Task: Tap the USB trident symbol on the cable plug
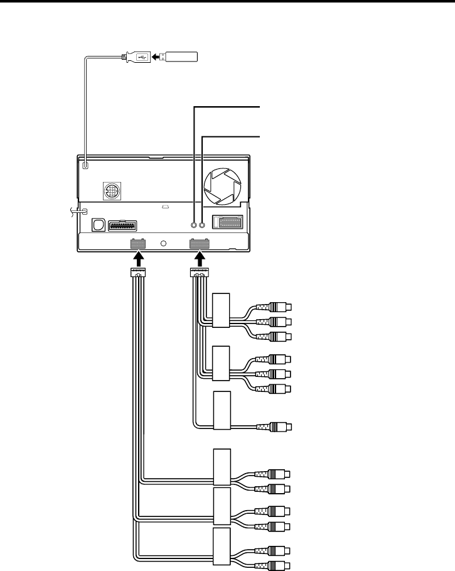pyautogui.click(x=139, y=57)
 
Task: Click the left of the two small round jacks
pyautogui.click(x=195, y=224)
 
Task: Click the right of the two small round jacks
pyautogui.click(x=203, y=224)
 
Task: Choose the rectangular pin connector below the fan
pyautogui.click(x=228, y=222)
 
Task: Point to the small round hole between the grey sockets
pyautogui.click(x=164, y=243)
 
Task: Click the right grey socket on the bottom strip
pyautogui.click(x=200, y=243)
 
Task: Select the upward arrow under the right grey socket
pyautogui.click(x=200, y=258)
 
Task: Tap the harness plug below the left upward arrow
pyautogui.click(x=137, y=273)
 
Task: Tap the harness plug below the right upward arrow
pyautogui.click(x=200, y=273)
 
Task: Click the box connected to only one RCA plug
pyautogui.click(x=222, y=411)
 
